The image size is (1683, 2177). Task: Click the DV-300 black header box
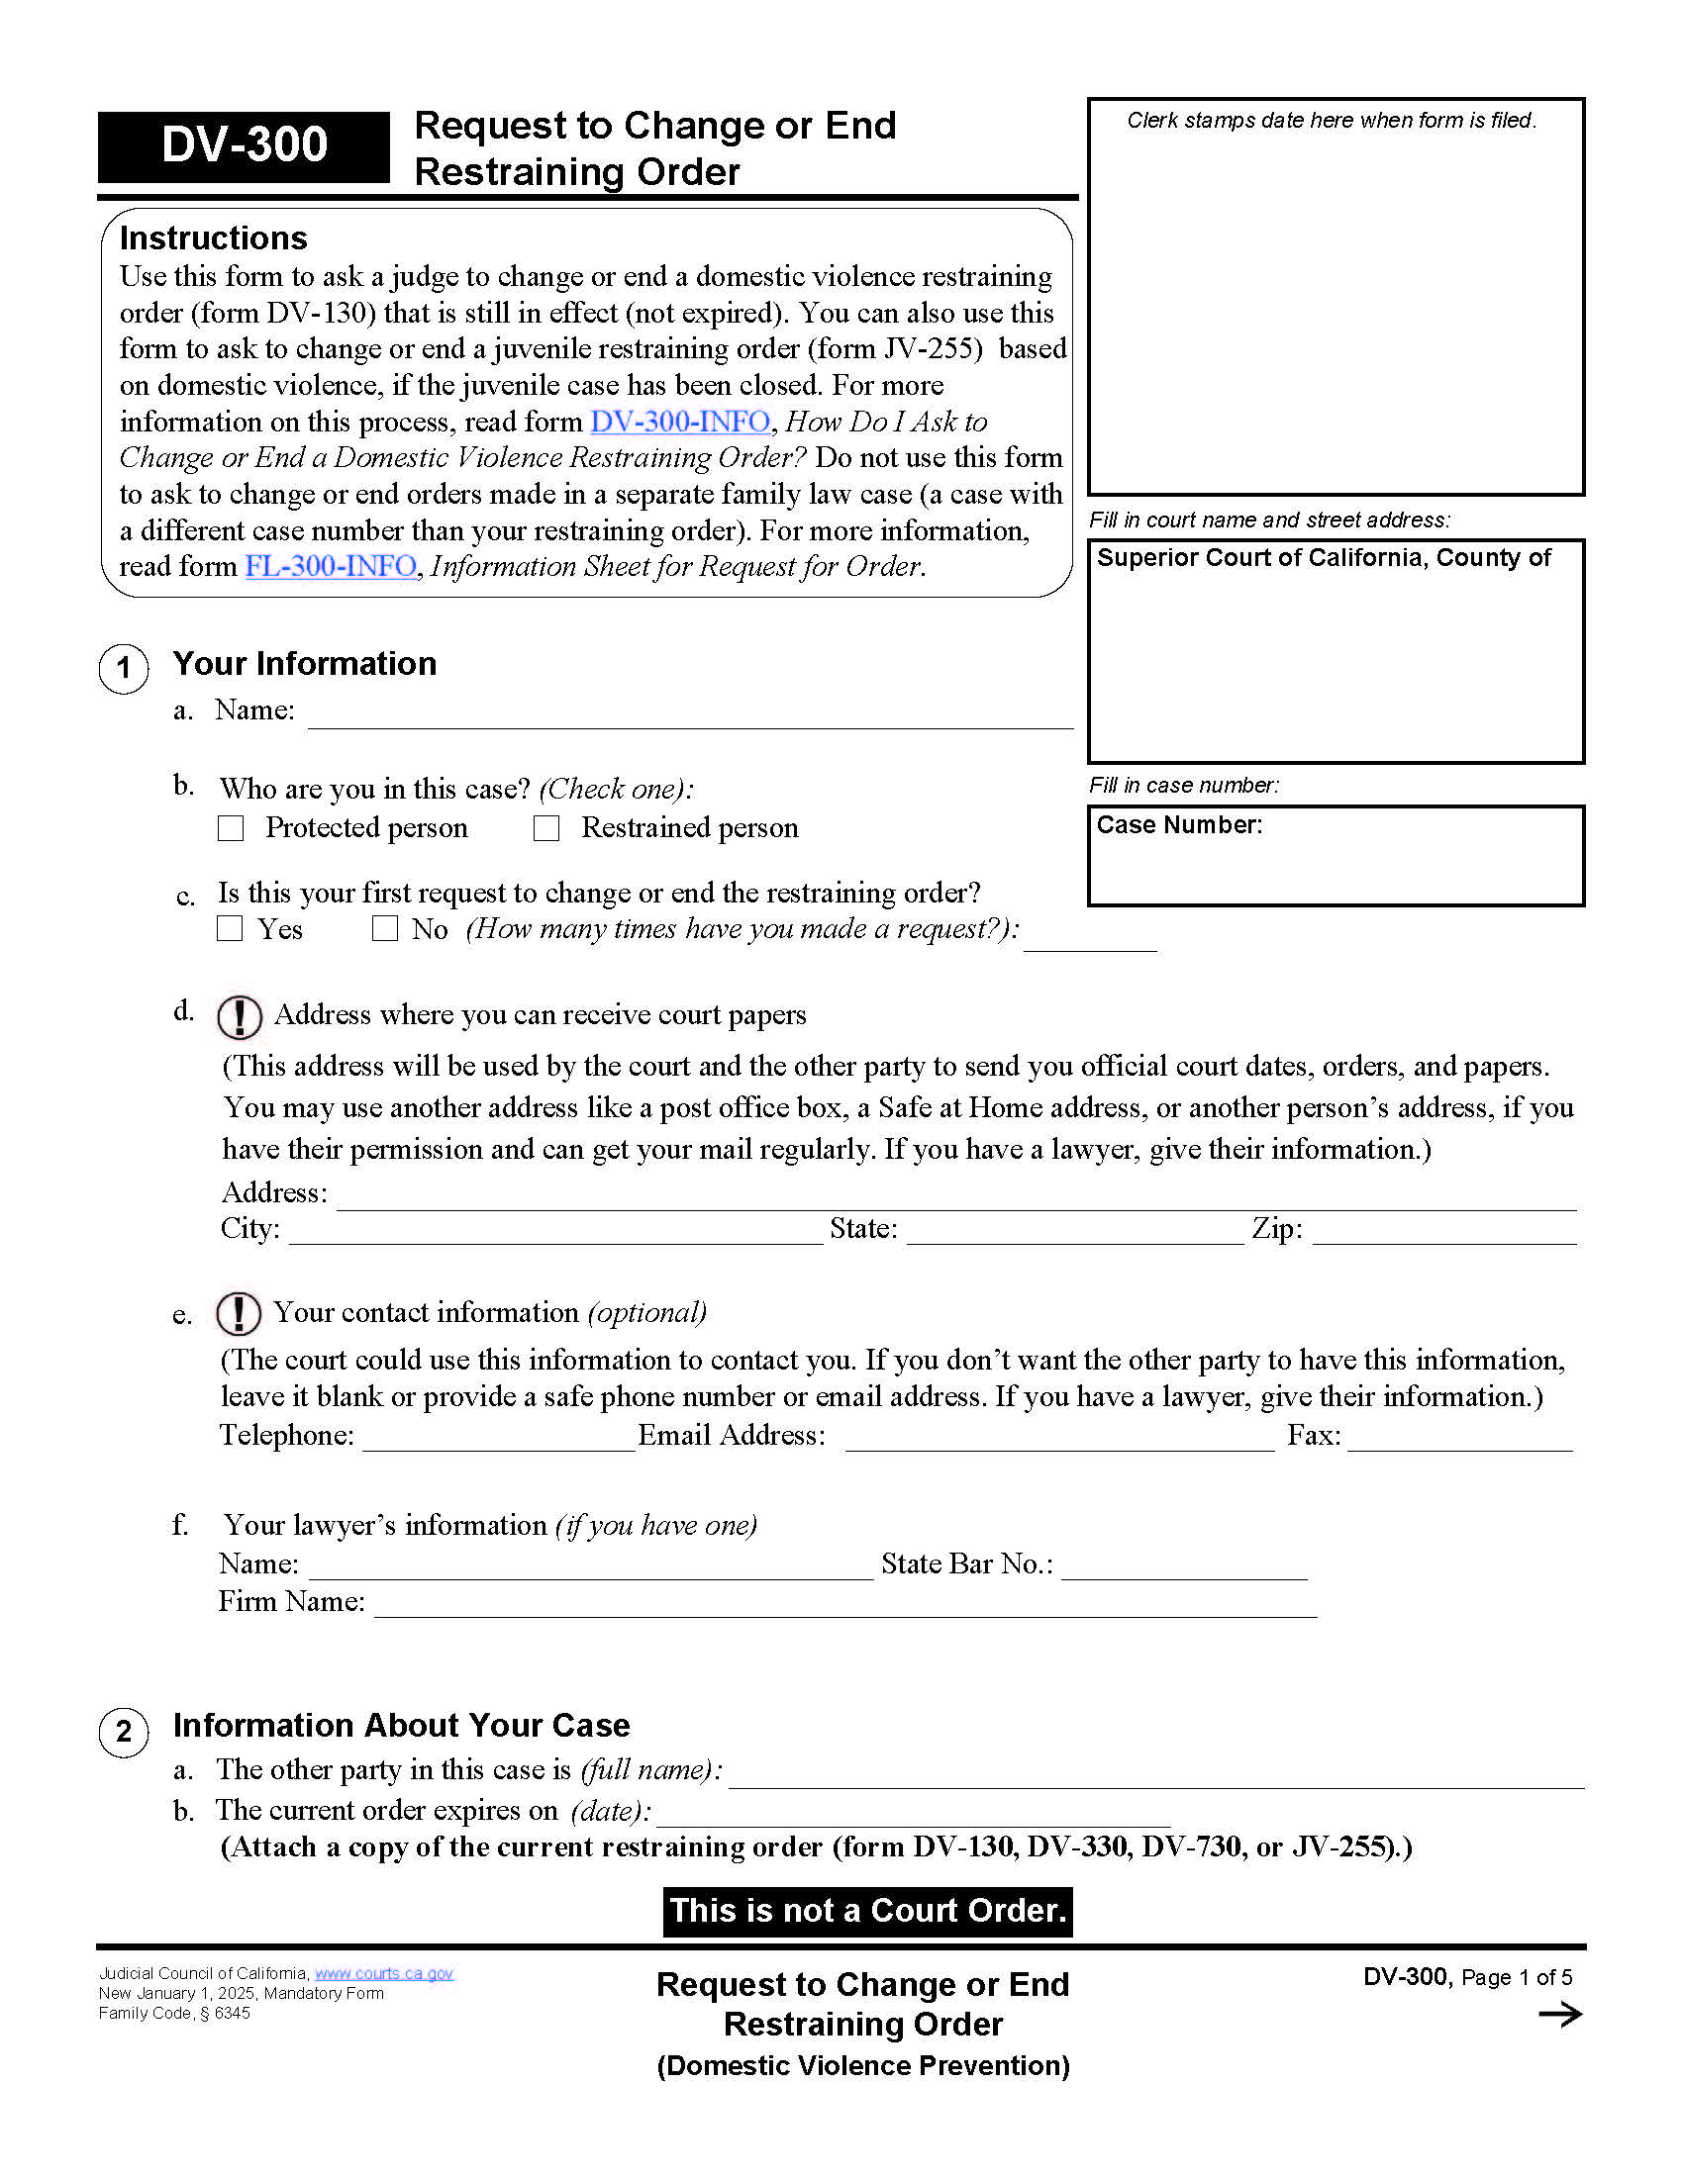tap(244, 146)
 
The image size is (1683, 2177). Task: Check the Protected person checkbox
tap(231, 828)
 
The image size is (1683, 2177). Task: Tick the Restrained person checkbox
tap(546, 828)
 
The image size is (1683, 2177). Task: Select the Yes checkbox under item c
tap(231, 928)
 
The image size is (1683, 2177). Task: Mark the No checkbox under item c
tap(384, 928)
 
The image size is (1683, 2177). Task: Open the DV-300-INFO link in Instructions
tap(680, 422)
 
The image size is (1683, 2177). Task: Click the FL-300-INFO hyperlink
tap(331, 566)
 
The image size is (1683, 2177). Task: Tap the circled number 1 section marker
tap(124, 668)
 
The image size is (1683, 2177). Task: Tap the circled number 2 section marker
tap(124, 1732)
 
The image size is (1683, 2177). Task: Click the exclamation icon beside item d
tap(240, 1015)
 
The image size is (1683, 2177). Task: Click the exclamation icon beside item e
tap(240, 1313)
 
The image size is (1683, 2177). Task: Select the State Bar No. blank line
tap(1183, 1568)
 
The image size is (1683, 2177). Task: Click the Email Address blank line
tap(1059, 1441)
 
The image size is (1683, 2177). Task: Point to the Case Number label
tap(1178, 825)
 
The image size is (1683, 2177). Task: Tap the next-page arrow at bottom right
tap(1560, 2015)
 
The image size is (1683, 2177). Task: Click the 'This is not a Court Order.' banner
tap(867, 1911)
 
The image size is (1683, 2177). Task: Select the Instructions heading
tap(214, 238)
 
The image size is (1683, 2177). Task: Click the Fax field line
tap(1459, 1441)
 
